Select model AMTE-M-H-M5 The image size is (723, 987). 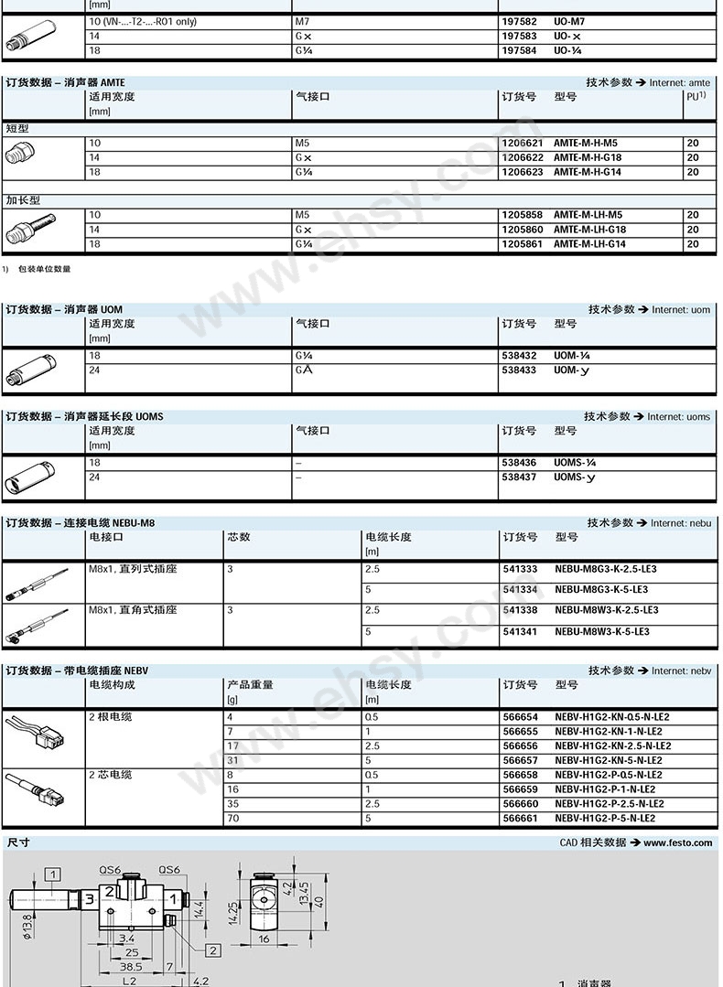[x=586, y=143]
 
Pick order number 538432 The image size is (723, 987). [x=519, y=355]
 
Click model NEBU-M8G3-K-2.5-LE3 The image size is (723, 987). [x=606, y=569]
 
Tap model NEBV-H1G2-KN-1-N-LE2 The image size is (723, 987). [x=609, y=731]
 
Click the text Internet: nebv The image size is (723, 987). [x=681, y=671]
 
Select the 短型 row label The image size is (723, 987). [x=17, y=128]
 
